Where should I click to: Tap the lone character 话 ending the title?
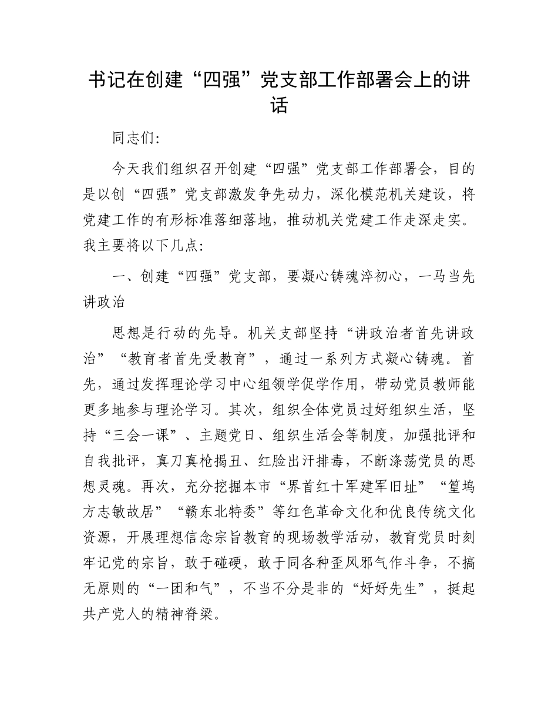coord(279,106)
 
